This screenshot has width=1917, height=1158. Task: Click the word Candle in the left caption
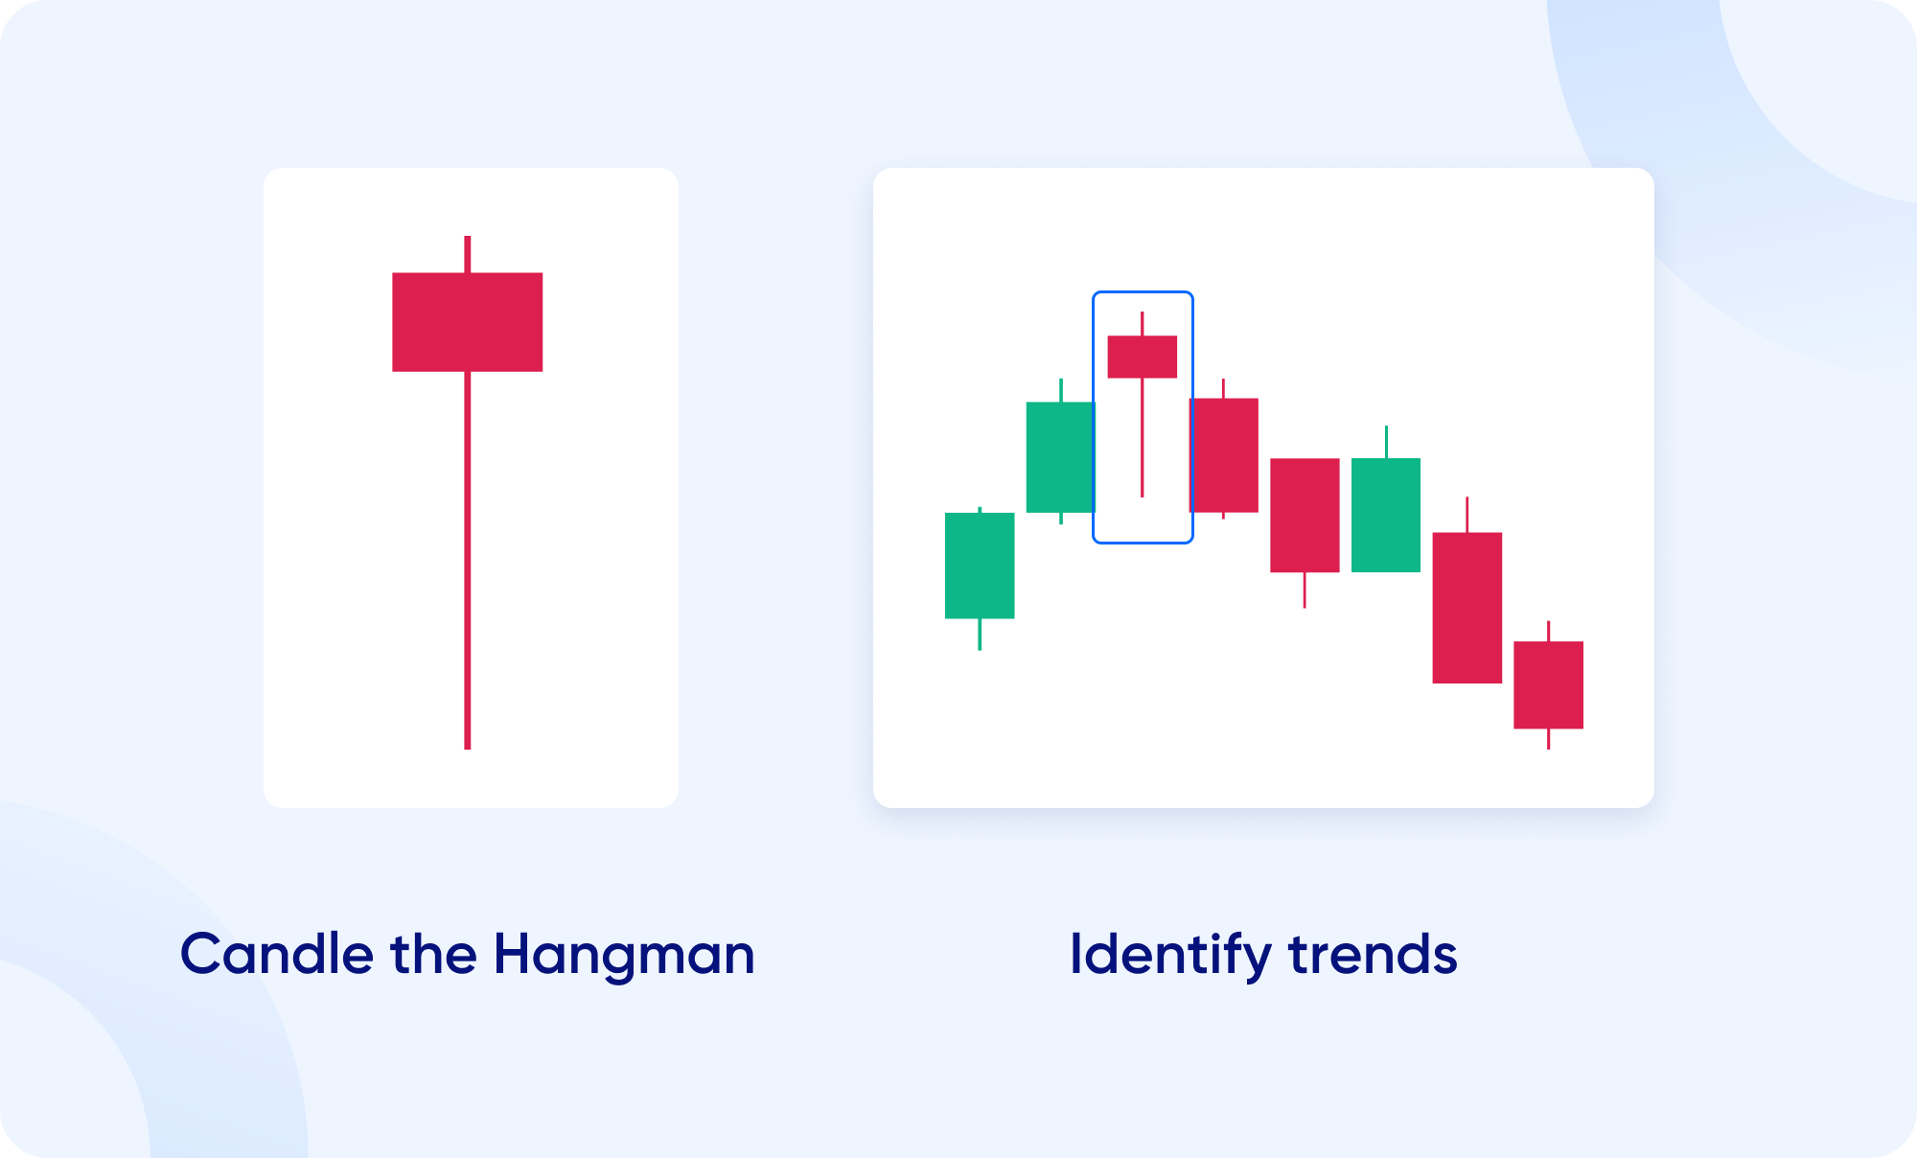tap(276, 954)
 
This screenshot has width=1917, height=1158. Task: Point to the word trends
tap(1373, 955)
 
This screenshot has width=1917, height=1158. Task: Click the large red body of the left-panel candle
tap(468, 322)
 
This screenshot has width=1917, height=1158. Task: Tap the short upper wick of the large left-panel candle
tap(468, 254)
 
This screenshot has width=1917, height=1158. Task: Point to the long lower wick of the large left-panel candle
tap(468, 560)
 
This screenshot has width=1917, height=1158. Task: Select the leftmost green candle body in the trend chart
tap(980, 566)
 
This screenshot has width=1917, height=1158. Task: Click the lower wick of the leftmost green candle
tap(980, 635)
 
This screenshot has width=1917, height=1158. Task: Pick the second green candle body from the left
tap(1061, 457)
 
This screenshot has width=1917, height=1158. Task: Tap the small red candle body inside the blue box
tap(1143, 357)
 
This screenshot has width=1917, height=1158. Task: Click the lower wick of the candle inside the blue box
tap(1143, 437)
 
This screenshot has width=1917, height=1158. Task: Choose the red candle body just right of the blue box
tap(1224, 455)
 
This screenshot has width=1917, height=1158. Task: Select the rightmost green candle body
tap(1386, 515)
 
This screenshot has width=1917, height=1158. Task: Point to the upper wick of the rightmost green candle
tap(1386, 442)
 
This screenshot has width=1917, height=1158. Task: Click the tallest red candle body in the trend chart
tap(1467, 608)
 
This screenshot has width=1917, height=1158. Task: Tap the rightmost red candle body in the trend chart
tap(1549, 685)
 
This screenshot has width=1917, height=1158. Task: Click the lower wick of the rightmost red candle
tap(1549, 739)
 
